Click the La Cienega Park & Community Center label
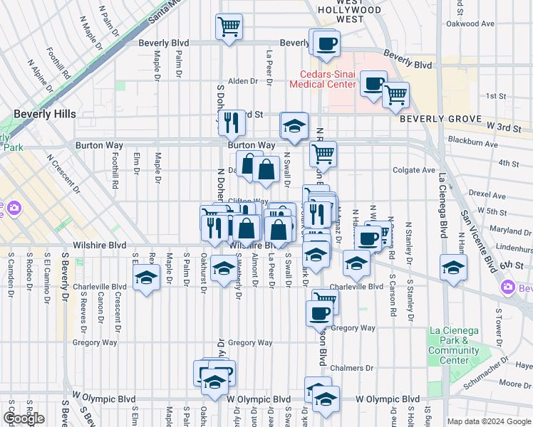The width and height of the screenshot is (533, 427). (454, 345)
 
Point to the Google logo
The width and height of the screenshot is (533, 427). (24, 418)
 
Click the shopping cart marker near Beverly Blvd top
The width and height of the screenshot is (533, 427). (228, 28)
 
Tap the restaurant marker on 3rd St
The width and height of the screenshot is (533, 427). (231, 122)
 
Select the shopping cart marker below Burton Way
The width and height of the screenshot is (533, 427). (324, 153)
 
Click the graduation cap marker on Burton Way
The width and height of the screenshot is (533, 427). (294, 126)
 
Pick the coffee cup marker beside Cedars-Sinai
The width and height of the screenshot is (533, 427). (373, 83)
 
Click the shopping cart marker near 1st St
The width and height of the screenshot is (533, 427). (395, 95)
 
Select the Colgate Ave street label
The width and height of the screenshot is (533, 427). (414, 170)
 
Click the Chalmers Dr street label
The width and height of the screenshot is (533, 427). (354, 368)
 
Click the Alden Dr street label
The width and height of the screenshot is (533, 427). (242, 81)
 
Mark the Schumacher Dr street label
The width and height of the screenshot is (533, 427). (474, 379)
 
